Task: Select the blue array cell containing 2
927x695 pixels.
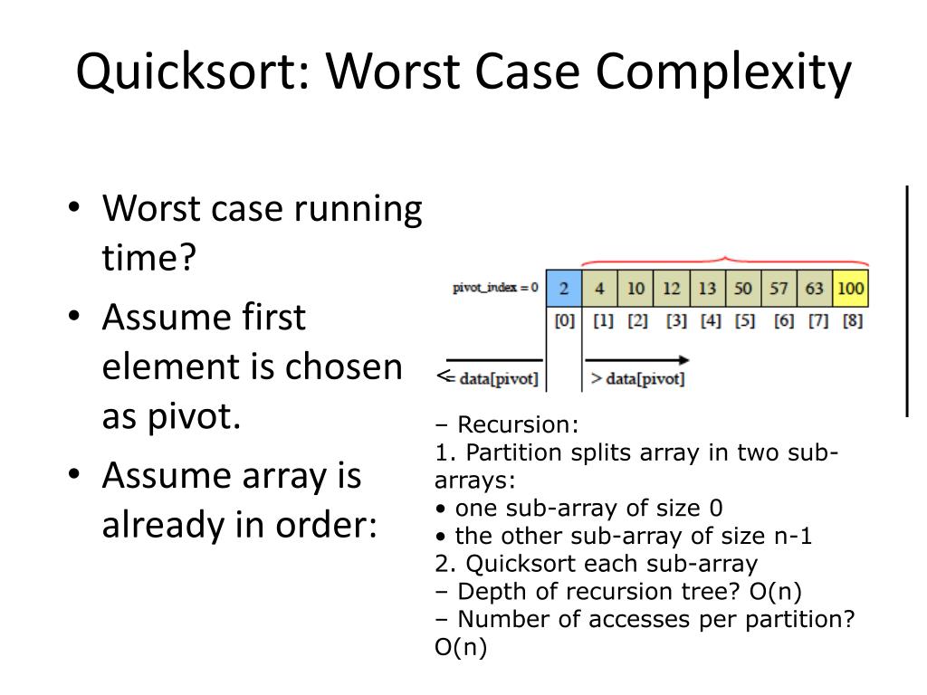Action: (563, 289)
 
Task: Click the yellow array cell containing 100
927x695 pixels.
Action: (851, 289)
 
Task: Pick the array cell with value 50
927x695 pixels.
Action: (742, 289)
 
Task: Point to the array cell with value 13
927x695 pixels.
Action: (707, 289)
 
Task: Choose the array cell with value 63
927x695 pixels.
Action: (814, 289)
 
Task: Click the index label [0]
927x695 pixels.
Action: (564, 321)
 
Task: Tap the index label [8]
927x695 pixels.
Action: (851, 321)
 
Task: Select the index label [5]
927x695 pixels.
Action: (744, 321)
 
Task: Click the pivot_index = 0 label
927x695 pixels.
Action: (495, 288)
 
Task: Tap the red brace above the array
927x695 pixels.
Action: (724, 261)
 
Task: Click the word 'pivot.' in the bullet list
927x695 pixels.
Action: (171, 420)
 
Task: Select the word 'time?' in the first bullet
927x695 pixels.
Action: (149, 261)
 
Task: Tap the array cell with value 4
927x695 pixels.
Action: (599, 289)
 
